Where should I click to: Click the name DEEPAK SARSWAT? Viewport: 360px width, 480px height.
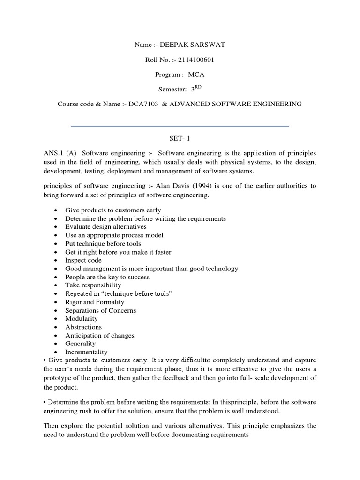pyautogui.click(x=193, y=45)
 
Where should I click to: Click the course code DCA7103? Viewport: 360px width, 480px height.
pyautogui.click(x=135, y=104)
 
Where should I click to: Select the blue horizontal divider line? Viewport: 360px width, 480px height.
pyautogui.click(x=180, y=126)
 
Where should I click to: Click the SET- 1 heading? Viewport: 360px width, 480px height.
pyautogui.click(x=180, y=139)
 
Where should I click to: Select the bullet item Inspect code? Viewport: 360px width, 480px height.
pyautogui.click(x=83, y=260)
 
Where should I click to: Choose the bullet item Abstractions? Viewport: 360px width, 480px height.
pyautogui.click(x=83, y=327)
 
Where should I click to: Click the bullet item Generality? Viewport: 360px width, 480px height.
pyautogui.click(x=80, y=344)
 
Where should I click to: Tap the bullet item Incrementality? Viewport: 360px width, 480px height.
pyautogui.click(x=86, y=352)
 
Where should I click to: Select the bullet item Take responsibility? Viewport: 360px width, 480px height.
pyautogui.click(x=93, y=285)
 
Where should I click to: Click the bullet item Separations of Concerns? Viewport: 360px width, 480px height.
pyautogui.click(x=100, y=310)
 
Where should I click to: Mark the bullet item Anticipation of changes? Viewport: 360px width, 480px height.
pyautogui.click(x=99, y=336)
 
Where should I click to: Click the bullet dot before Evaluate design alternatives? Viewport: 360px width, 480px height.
pyautogui.click(x=56, y=227)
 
